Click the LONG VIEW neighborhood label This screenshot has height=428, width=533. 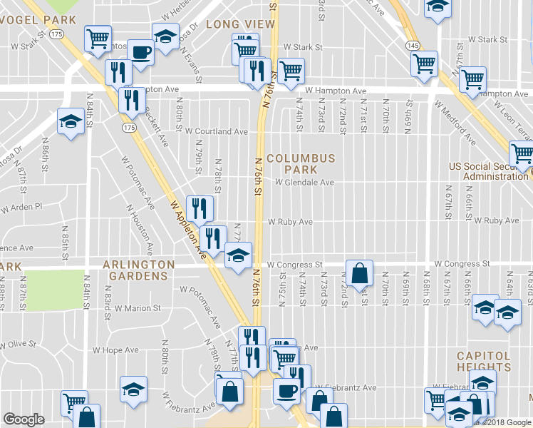point(230,24)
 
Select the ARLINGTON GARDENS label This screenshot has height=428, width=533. point(138,270)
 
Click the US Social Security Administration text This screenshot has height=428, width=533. point(490,171)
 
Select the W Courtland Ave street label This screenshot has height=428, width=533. point(216,131)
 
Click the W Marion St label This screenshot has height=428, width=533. point(138,309)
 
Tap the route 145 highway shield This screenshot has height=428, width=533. point(413,45)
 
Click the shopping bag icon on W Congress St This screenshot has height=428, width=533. point(359,272)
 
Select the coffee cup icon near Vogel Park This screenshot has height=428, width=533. point(140,52)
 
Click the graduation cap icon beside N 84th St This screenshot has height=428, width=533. point(71,121)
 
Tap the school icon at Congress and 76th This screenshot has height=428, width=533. point(238,254)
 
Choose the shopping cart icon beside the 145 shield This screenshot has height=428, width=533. point(424,63)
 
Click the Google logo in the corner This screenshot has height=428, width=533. point(24,419)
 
